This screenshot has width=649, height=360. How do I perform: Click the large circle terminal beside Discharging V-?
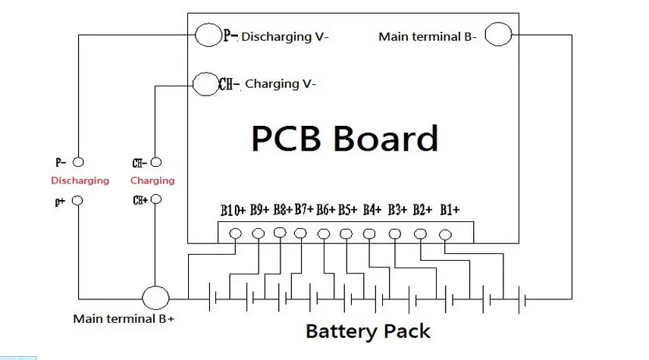point(208,35)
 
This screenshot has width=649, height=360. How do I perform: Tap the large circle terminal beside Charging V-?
point(205,84)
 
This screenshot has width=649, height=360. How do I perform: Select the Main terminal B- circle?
point(498,34)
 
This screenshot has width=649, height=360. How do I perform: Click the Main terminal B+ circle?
point(155,298)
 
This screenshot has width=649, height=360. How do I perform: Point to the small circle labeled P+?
point(77,201)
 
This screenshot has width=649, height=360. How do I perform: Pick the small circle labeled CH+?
point(156,199)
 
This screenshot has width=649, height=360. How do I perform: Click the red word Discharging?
point(80,181)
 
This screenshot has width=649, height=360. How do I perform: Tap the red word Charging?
point(152,181)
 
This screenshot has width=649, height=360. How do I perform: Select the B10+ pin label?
point(233,210)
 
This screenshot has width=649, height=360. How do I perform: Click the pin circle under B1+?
point(445,235)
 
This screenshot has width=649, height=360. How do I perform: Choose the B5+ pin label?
point(347,210)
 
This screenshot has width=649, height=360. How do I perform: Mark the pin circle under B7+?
point(300,233)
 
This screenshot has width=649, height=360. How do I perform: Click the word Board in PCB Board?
point(385,139)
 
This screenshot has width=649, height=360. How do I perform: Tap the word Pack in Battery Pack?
point(407,331)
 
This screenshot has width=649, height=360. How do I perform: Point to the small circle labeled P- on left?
point(78,162)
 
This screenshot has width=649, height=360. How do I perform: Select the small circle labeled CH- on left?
point(156,162)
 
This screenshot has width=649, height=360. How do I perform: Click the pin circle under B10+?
point(236,233)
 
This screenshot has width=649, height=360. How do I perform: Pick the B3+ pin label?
point(397,210)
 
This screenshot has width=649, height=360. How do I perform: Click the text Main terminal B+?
point(124,319)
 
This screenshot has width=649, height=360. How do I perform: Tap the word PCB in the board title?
point(286,139)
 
